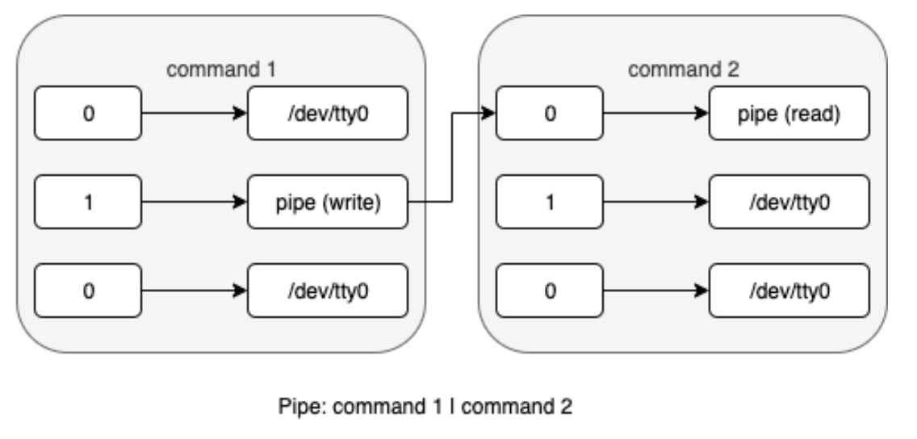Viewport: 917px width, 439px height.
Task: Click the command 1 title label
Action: [x=220, y=70]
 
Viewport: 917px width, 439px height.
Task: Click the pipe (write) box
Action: [x=329, y=203]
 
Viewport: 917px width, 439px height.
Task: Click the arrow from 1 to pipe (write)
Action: [x=194, y=203]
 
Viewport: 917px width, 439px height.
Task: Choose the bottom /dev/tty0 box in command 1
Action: [x=329, y=291]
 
